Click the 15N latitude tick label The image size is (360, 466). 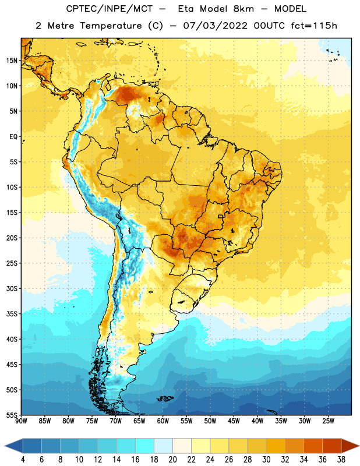click(12, 61)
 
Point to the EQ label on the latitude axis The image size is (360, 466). click(13, 137)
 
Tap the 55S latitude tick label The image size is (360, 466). click(12, 415)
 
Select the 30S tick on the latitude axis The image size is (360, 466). click(12, 288)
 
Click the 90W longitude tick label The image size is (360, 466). click(21, 421)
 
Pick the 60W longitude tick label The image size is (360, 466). click(163, 421)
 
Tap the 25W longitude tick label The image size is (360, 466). click(328, 421)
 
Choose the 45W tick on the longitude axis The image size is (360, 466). click(234, 421)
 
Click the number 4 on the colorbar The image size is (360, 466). click(23, 460)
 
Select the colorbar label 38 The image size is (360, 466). click(341, 460)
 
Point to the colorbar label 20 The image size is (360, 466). click(172, 460)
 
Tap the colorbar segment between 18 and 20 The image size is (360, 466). click(163, 446)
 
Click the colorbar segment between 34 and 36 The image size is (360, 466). click(313, 446)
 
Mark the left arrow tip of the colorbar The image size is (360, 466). click(5, 446)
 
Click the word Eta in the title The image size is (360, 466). click(186, 9)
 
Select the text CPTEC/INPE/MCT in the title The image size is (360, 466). click(110, 9)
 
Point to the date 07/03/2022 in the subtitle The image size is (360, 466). click(215, 26)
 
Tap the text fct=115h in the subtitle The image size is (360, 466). click(314, 26)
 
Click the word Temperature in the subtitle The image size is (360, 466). click(111, 26)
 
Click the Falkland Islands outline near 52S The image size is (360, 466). click(165, 398)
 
